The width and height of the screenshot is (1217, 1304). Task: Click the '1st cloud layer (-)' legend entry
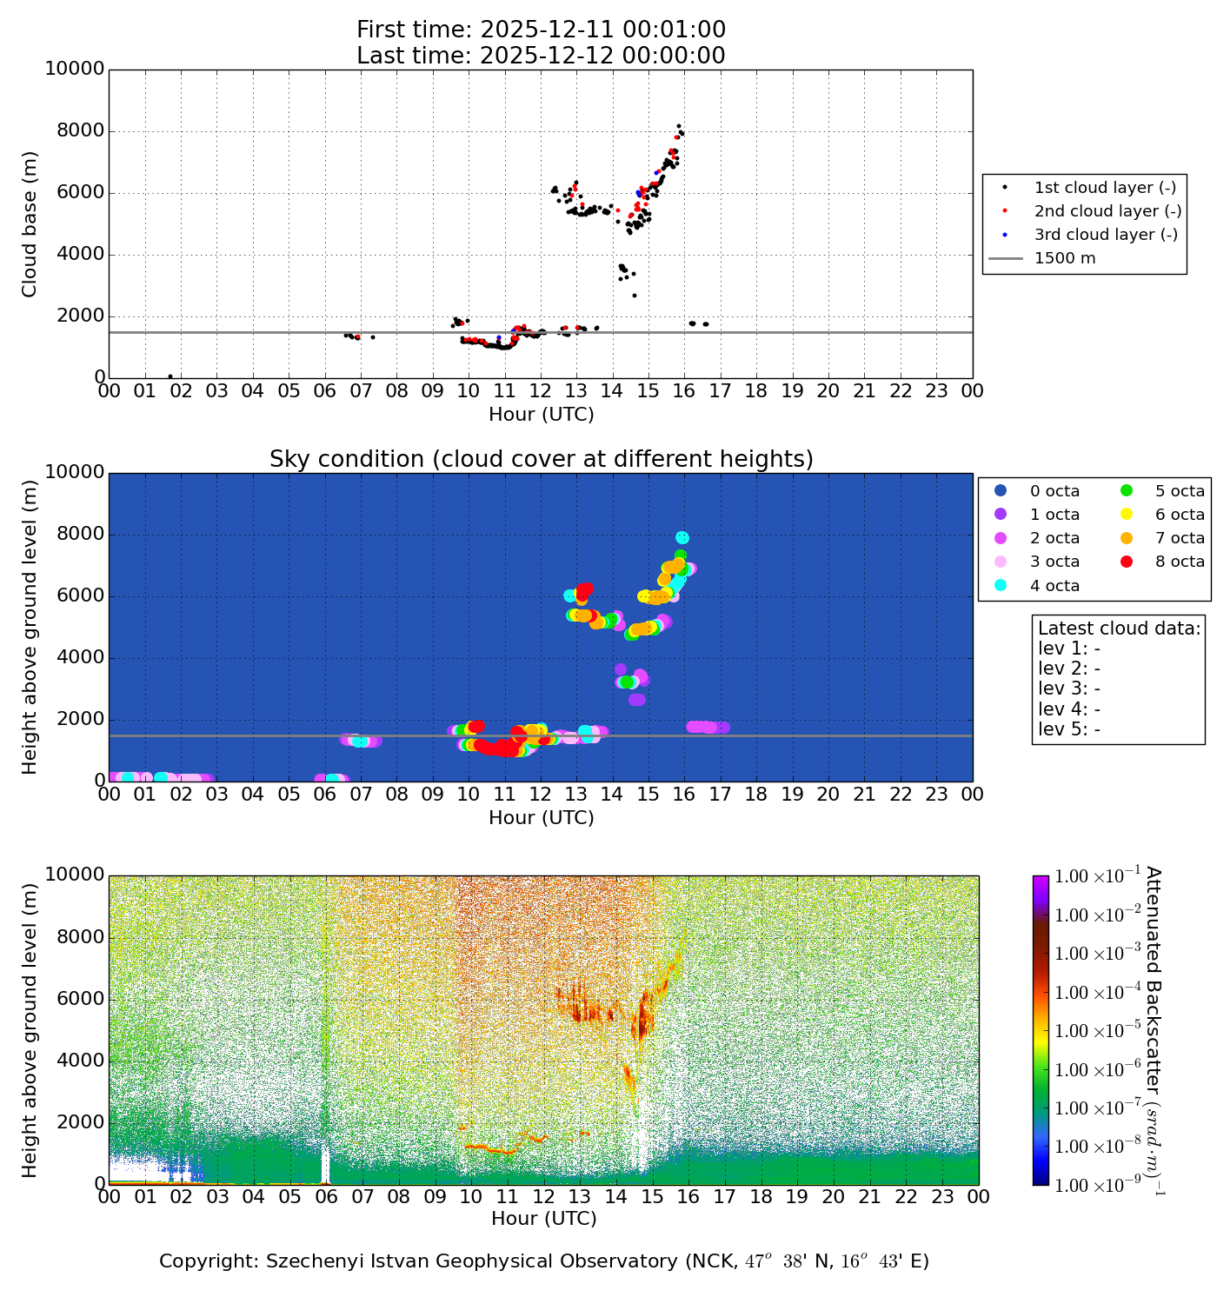[x=1105, y=188]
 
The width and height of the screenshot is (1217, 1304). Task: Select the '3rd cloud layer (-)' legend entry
[x=1105, y=235]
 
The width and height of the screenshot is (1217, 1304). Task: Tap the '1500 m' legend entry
[x=1064, y=258]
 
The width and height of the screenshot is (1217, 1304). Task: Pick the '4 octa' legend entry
[x=1054, y=586]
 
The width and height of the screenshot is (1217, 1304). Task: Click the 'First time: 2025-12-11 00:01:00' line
[x=541, y=30]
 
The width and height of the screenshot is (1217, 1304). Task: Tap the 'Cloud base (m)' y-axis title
[x=30, y=223]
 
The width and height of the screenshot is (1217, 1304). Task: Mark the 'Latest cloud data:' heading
[x=1119, y=629]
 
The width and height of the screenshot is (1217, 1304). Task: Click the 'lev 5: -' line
[x=1069, y=729]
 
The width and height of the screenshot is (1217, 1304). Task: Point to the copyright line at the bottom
[x=544, y=1261]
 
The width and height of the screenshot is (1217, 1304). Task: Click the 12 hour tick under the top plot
[x=541, y=391]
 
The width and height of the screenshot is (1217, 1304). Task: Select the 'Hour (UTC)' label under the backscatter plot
[x=544, y=1219]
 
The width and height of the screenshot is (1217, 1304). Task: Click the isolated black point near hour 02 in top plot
[x=170, y=376]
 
